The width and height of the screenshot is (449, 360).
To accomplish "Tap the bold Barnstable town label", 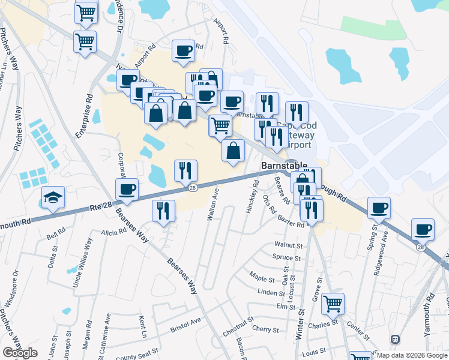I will coord(284,166).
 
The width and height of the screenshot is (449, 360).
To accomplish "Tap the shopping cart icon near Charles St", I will coord(333,303).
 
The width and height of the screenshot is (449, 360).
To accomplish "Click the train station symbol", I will coord(395,340).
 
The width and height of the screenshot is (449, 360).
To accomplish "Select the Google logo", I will coord(20,353).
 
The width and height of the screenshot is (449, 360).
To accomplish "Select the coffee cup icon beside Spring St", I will coord(379,208).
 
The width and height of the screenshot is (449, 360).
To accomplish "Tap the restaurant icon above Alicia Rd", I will coord(163,210).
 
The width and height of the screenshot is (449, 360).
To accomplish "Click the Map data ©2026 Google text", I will coord(411,355).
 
